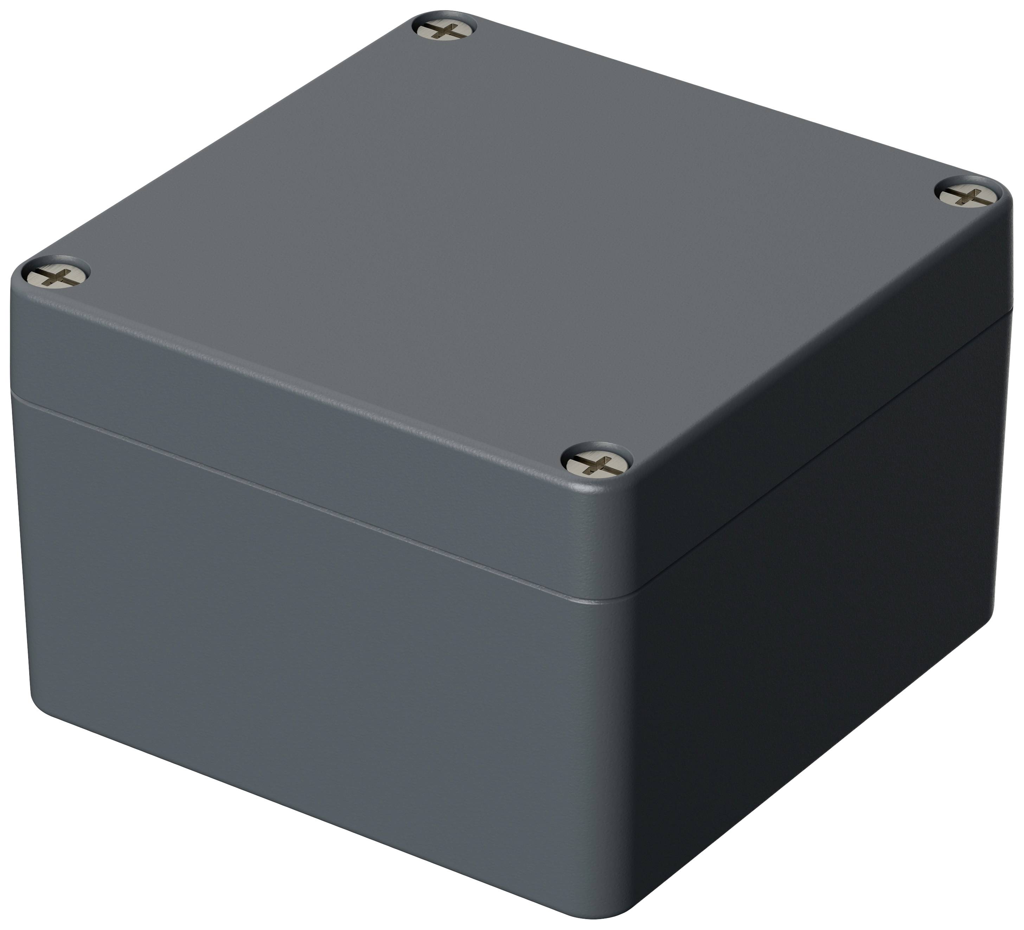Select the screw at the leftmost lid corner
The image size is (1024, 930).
click(x=56, y=277)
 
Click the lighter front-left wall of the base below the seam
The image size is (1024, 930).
click(x=305, y=660)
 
